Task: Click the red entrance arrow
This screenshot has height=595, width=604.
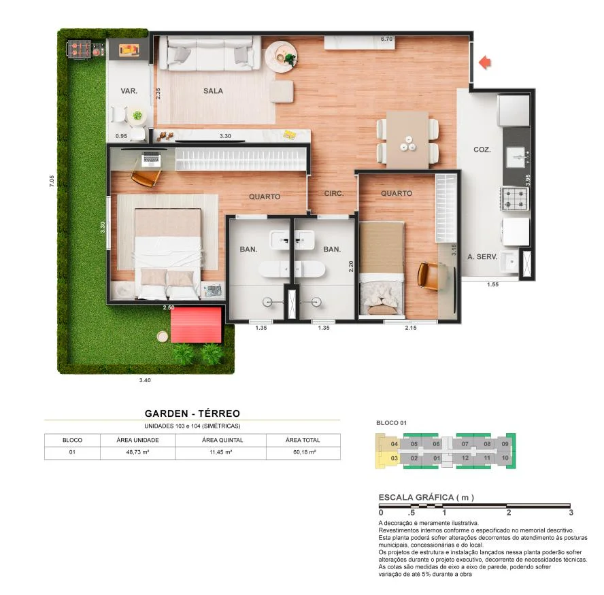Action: pyautogui.click(x=484, y=63)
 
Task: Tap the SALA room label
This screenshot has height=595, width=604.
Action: pyautogui.click(x=213, y=90)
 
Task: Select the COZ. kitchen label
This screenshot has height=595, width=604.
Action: pyautogui.click(x=482, y=149)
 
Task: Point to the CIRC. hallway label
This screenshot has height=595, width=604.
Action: pyautogui.click(x=333, y=194)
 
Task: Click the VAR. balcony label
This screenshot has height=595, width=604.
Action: pyautogui.click(x=129, y=90)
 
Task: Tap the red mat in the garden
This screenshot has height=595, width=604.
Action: pyautogui.click(x=196, y=326)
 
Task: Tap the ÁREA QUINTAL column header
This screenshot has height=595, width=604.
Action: pyautogui.click(x=220, y=440)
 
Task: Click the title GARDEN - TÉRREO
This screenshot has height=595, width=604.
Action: pyautogui.click(x=192, y=413)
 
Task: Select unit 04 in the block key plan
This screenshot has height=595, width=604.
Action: pyautogui.click(x=394, y=444)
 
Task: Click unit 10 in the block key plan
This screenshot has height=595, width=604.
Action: pyautogui.click(x=505, y=458)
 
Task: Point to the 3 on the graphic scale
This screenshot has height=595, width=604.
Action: pyautogui.click(x=571, y=513)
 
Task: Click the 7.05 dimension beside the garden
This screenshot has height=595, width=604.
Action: pyautogui.click(x=52, y=182)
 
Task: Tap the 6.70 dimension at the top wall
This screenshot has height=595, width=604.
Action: pyautogui.click(x=387, y=39)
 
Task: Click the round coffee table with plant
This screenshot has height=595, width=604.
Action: pyautogui.click(x=280, y=53)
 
